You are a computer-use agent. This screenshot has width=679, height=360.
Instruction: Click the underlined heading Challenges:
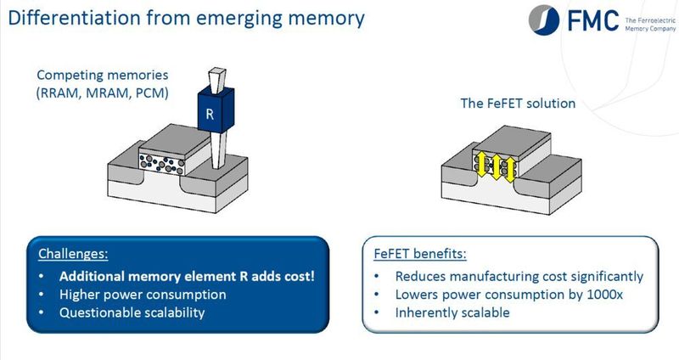coord(74,254)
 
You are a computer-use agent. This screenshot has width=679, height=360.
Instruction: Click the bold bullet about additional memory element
coord(177,275)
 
